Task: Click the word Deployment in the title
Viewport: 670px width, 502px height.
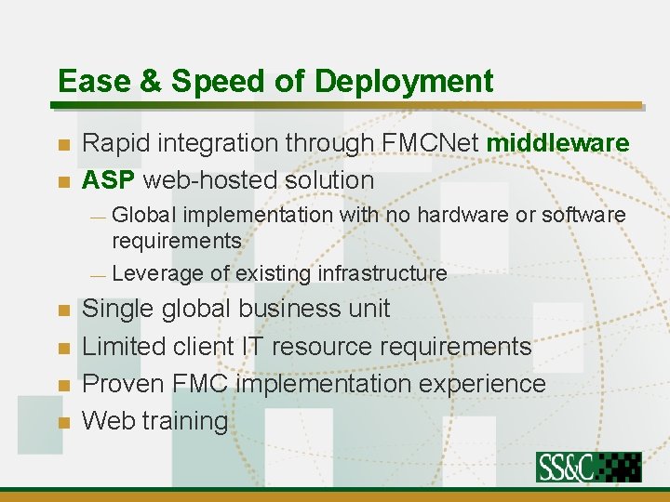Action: pyautogui.click(x=404, y=82)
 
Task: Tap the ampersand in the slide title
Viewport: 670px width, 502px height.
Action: pyautogui.click(x=152, y=82)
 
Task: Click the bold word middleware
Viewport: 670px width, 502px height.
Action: pyautogui.click(x=557, y=143)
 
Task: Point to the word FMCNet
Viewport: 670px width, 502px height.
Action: pyautogui.click(x=431, y=143)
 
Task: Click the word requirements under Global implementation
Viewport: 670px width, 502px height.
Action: pyautogui.click(x=176, y=241)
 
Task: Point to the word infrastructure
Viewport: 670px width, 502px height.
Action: pyautogui.click(x=382, y=273)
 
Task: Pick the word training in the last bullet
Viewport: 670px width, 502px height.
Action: pyautogui.click(x=185, y=421)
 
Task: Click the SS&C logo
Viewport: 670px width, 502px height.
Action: pyautogui.click(x=588, y=467)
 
